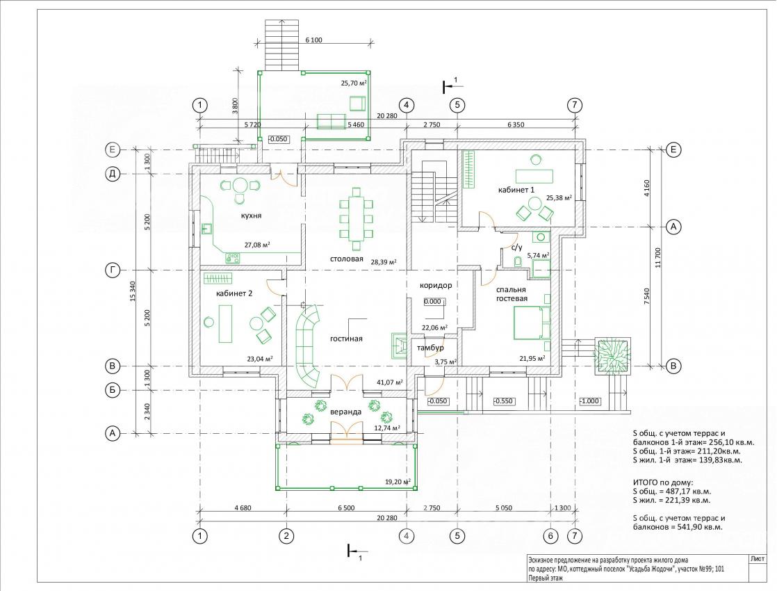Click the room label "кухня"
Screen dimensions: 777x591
point(251,216)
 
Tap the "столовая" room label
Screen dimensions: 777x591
point(347,259)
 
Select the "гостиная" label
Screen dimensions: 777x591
point(346,339)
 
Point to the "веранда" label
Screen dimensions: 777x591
point(346,412)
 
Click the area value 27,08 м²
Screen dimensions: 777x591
point(257,245)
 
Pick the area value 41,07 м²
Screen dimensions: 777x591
point(389,382)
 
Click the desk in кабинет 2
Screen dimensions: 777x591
point(224,324)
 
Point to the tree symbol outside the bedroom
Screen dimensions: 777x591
point(613,356)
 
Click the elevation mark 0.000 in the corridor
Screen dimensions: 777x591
point(432,302)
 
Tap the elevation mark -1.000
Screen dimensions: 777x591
point(589,401)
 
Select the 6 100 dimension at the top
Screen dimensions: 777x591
point(313,40)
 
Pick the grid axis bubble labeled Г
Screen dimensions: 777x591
point(113,270)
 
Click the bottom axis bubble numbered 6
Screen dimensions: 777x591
point(550,536)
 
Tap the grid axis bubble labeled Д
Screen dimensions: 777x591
point(113,174)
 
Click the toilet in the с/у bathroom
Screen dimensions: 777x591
point(517,262)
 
